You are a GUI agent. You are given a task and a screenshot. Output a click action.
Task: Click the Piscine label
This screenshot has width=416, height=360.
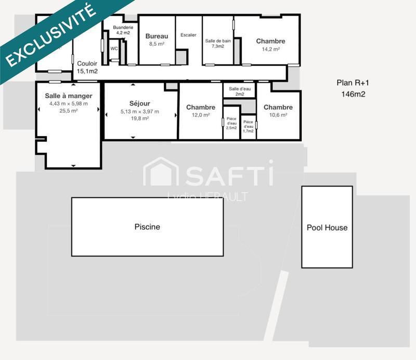click(147, 227)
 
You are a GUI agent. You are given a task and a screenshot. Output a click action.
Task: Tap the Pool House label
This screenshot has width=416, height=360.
click(327, 228)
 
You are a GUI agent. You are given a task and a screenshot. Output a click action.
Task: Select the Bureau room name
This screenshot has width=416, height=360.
click(157, 36)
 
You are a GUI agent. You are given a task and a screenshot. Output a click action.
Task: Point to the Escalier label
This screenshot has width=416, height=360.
click(188, 35)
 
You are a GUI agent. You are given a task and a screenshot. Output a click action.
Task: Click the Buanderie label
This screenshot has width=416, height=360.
click(123, 27)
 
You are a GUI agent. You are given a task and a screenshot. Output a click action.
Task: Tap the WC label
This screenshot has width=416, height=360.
click(114, 48)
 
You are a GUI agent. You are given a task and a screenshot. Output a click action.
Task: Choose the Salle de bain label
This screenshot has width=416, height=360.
click(217, 41)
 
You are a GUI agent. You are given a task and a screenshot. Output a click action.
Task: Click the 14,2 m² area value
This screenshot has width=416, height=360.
click(270, 49)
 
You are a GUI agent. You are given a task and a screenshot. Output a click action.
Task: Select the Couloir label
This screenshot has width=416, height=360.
click(87, 63)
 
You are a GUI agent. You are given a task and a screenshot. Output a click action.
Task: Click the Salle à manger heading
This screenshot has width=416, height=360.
click(68, 96)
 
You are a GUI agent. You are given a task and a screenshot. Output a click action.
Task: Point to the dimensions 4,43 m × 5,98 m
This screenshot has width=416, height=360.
click(68, 103)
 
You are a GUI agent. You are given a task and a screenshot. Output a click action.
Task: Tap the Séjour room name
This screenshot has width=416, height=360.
click(140, 104)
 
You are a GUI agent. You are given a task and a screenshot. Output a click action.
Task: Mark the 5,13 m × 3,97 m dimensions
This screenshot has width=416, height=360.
click(140, 111)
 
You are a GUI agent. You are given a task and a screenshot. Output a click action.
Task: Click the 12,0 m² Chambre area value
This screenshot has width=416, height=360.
click(201, 115)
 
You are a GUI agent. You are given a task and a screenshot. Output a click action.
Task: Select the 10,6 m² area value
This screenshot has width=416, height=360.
click(278, 115)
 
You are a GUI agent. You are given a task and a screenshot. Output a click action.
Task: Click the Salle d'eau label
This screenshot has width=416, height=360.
click(239, 89)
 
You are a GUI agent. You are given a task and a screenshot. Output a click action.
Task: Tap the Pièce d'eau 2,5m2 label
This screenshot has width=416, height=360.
click(231, 123)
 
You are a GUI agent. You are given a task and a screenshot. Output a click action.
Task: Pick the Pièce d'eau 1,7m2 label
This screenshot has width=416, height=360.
click(249, 126)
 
